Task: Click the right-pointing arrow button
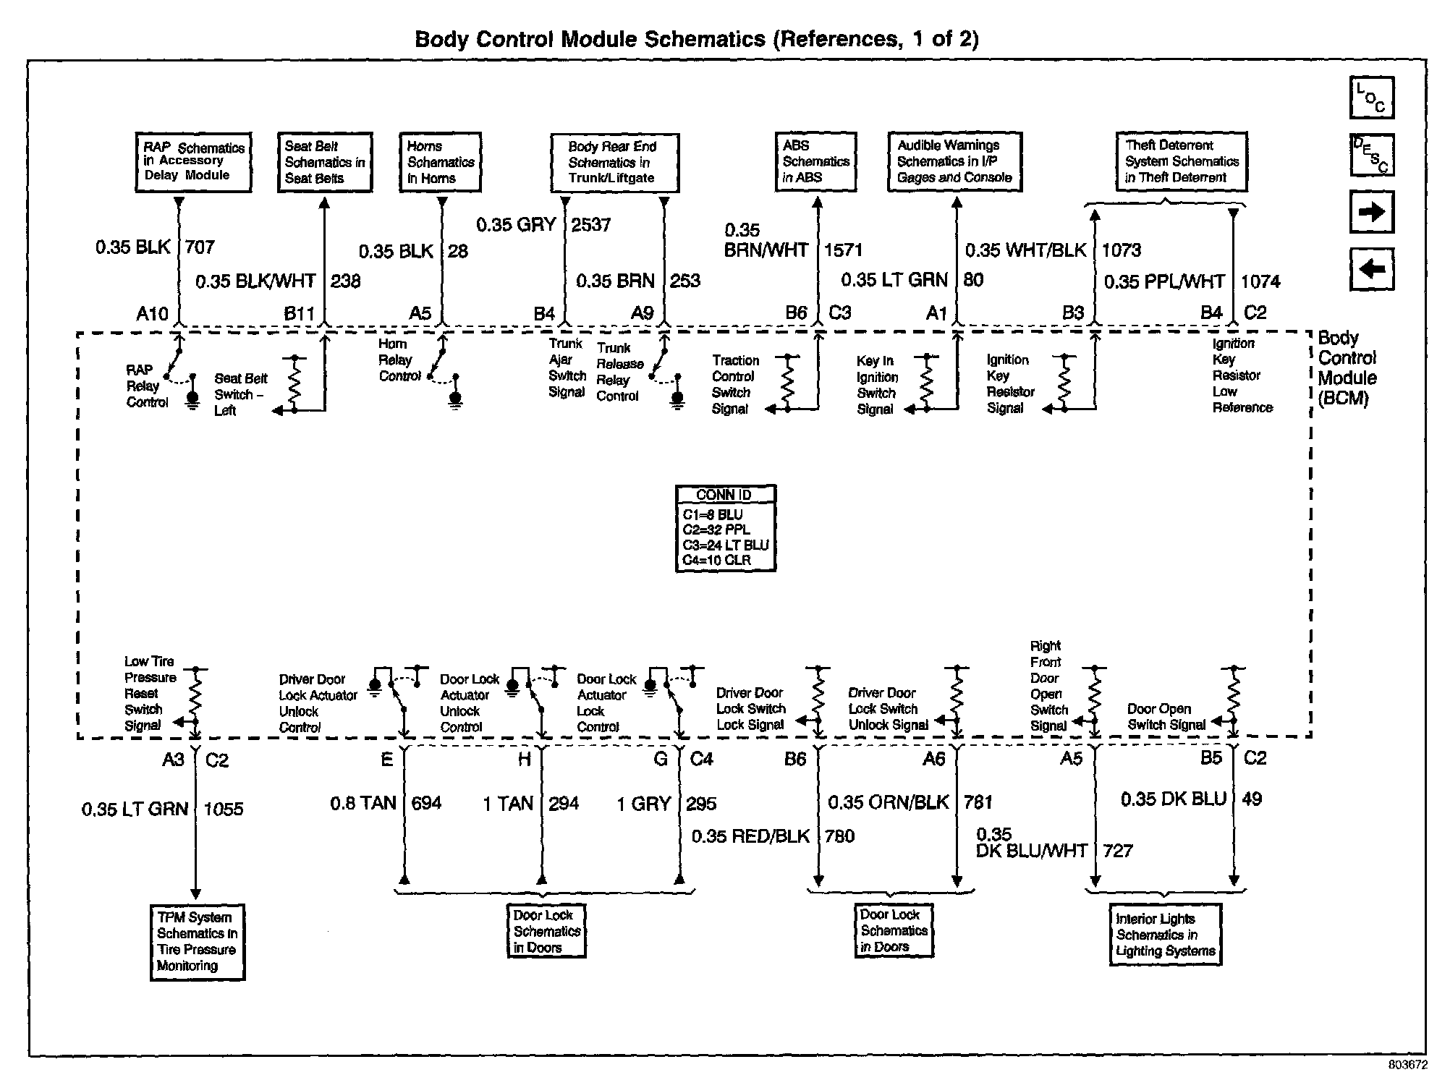[1371, 212]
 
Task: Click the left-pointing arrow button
[1371, 269]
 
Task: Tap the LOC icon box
[1371, 98]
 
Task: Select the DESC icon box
[1371, 155]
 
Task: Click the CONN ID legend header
[725, 495]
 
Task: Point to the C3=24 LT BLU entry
[725, 545]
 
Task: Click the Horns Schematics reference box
[440, 162]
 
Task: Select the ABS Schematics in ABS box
[815, 161]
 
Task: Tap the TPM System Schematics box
[197, 942]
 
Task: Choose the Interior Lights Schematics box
[1165, 935]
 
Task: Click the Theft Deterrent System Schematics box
[1181, 161]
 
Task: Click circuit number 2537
[591, 225]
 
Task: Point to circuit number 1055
[224, 809]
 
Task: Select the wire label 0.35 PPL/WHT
[1164, 281]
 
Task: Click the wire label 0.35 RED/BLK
[750, 836]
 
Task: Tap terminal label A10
[152, 313]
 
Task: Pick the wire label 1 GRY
[643, 804]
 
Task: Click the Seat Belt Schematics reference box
[324, 162]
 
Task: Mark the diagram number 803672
[1407, 1066]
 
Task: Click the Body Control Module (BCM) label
[1347, 368]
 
